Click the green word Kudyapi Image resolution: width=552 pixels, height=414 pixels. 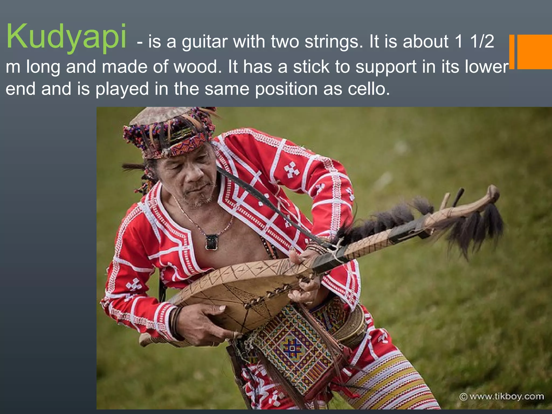[x=66, y=36]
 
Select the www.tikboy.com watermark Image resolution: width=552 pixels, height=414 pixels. [x=502, y=396]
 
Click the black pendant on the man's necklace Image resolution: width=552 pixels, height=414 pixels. [x=212, y=241]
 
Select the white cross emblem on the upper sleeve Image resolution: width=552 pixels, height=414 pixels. [x=291, y=170]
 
